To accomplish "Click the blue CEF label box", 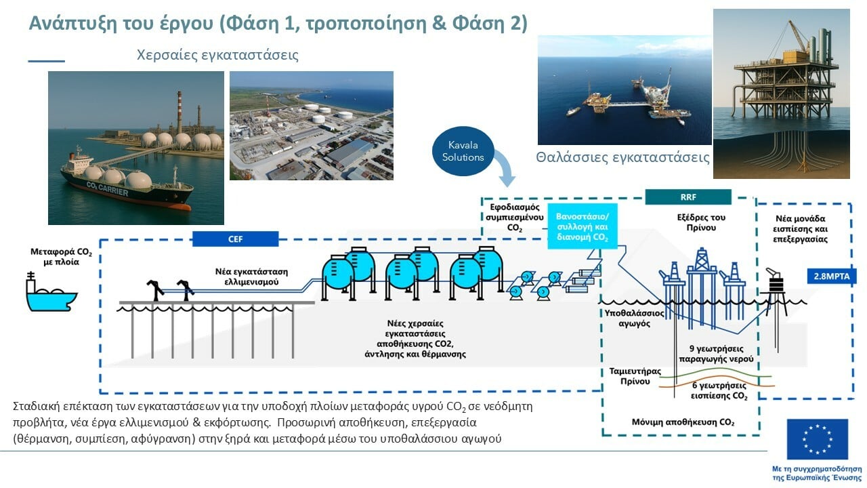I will coord(235,239).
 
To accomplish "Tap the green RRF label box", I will coord(688,197).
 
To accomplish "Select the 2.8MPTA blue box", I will coord(830,277).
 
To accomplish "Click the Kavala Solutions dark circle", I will coord(466,152).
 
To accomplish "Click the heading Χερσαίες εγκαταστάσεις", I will coord(217,55).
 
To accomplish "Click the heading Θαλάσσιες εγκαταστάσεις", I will coord(622,158).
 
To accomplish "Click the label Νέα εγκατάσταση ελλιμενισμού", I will coord(242,275).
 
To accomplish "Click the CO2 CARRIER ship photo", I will coord(135,148).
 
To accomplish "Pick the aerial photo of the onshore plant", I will coord(312,125).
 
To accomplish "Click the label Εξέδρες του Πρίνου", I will coord(700,223).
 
